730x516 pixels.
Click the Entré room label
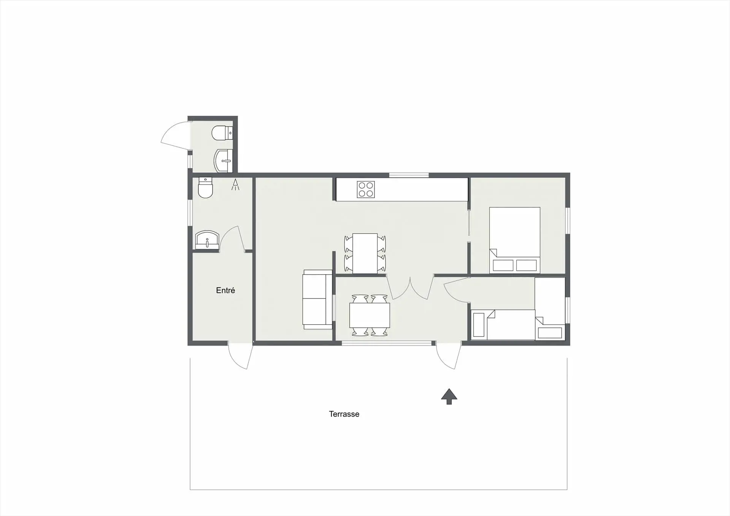coord(225,291)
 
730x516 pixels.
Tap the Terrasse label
coord(344,414)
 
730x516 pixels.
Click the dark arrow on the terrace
coord(449,397)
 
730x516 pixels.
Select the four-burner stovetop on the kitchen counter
coord(366,189)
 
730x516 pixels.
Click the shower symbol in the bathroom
coord(236,185)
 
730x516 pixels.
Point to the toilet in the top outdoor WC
coord(222,133)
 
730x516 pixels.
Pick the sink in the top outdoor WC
coord(223,161)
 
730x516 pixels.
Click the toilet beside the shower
coord(205,187)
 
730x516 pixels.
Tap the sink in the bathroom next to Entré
coord(207,240)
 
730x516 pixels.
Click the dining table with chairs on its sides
coord(365,253)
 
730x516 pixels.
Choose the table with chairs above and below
coord(370,315)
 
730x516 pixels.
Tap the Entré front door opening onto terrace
coord(240,356)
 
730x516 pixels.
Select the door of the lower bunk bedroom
coord(456,289)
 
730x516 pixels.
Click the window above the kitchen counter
coord(409,175)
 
